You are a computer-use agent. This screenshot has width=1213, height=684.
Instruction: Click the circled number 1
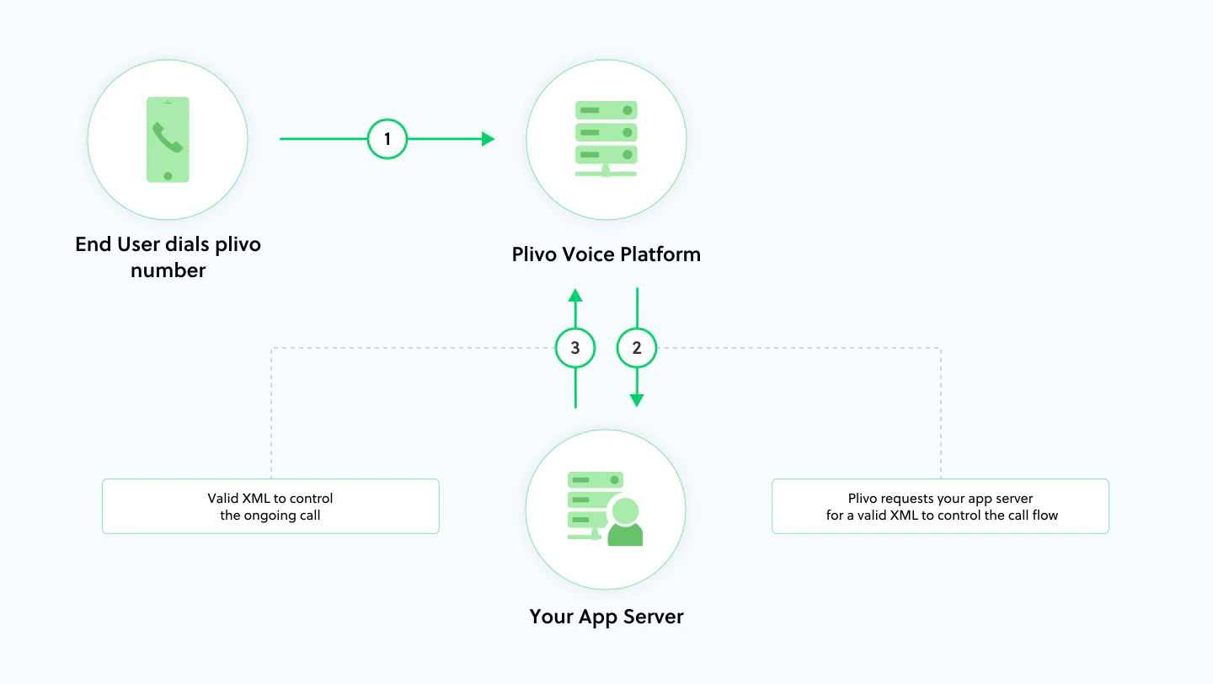(387, 139)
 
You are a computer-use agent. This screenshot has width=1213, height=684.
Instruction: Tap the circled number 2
(637, 348)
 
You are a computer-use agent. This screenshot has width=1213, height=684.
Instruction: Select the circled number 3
(575, 348)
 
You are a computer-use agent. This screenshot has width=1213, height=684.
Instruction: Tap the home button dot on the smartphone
(168, 175)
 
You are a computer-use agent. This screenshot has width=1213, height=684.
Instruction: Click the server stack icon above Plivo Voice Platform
(606, 138)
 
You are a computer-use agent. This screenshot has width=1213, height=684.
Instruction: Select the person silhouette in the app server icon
(625, 523)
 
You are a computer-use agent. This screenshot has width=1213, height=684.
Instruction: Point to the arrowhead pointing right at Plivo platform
(488, 139)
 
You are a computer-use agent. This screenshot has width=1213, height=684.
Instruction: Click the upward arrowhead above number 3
(575, 294)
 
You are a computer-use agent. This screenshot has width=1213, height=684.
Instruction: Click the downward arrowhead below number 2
(637, 400)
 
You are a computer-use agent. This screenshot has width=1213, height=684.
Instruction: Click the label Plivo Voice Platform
(606, 254)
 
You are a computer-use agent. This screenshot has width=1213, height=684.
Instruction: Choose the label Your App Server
(606, 617)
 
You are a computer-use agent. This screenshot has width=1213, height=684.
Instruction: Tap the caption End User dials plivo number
(168, 257)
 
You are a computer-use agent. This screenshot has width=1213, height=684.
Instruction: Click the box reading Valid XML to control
(270, 506)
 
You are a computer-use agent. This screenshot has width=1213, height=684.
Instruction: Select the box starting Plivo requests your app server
(940, 506)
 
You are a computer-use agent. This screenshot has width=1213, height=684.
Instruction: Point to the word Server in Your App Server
(653, 617)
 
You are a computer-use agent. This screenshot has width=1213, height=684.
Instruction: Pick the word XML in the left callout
(257, 498)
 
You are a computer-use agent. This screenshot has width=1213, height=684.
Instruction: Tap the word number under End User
(168, 270)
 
